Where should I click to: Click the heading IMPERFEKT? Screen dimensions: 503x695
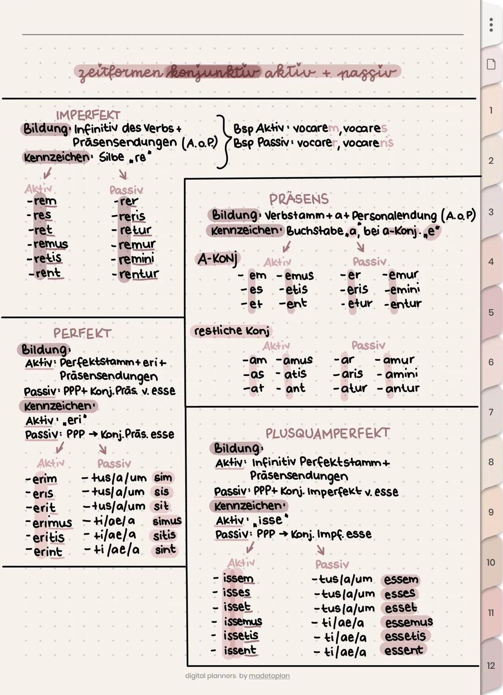tap(88, 115)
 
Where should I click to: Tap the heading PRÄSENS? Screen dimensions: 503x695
tap(299, 199)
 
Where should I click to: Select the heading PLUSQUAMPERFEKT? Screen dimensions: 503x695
tap(327, 433)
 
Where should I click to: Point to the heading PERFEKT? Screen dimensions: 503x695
tap(82, 334)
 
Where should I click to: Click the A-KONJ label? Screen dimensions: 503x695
tap(217, 258)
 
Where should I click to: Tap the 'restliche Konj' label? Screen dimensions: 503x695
tap(231, 331)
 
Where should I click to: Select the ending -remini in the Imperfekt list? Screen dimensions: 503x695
tap(136, 259)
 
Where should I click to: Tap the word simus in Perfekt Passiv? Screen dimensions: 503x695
tap(167, 521)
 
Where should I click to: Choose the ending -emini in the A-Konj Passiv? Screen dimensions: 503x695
tap(402, 290)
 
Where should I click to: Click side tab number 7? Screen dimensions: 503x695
tap(491, 412)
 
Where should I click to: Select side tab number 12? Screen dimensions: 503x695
tap(491, 666)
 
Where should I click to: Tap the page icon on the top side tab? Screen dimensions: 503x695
tap(491, 64)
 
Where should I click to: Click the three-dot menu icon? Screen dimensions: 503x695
tap(491, 25)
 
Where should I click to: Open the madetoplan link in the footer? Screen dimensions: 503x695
tap(269, 676)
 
